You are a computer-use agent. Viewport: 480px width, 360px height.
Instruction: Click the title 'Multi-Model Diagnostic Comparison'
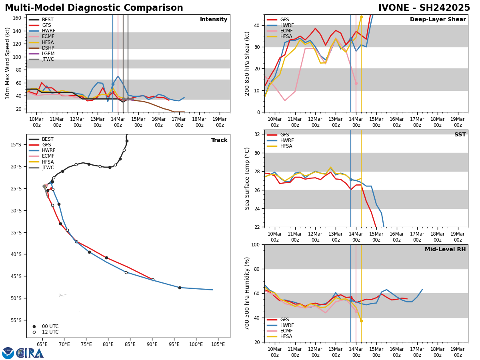pos(94,8)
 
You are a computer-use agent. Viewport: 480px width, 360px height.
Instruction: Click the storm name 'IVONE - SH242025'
pos(424,8)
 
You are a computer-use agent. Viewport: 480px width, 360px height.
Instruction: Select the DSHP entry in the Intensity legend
pos(48,48)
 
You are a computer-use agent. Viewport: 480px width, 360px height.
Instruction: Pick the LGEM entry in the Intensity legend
pos(48,54)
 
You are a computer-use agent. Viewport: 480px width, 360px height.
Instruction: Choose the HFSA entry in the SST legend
pos(284,146)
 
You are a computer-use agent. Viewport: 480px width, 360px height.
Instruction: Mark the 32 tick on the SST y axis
pos(258,134)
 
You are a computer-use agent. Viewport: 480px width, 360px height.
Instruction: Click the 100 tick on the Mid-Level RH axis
pos(256,244)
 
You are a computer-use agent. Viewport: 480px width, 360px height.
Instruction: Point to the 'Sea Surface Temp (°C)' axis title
pos(248,178)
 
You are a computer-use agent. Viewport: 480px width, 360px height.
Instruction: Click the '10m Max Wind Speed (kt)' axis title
pos(8,63)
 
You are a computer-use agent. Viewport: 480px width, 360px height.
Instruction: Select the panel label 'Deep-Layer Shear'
pos(438,20)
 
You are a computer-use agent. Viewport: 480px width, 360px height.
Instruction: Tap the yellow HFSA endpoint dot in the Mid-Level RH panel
pos(361,321)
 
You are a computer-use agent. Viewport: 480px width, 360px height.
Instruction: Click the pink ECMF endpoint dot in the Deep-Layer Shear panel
pos(356,83)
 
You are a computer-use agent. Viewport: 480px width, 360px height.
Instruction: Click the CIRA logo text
pos(30,353)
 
